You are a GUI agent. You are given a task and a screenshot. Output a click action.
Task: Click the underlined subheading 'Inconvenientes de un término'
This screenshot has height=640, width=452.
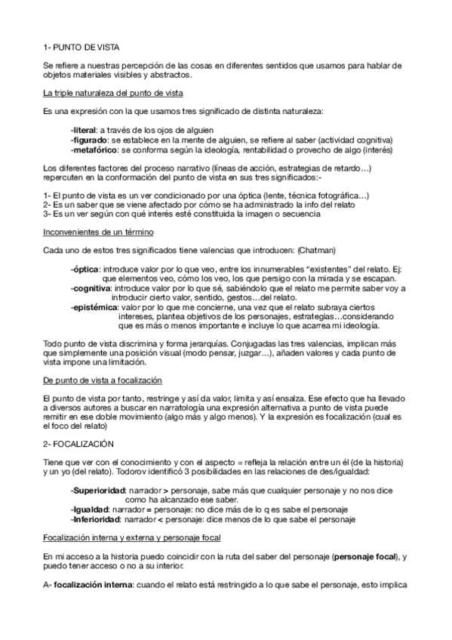[x=95, y=232]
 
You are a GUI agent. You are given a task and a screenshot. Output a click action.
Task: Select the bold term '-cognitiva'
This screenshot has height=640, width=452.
[x=91, y=288]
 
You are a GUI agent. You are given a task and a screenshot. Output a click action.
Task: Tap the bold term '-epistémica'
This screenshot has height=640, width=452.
[x=94, y=307]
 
